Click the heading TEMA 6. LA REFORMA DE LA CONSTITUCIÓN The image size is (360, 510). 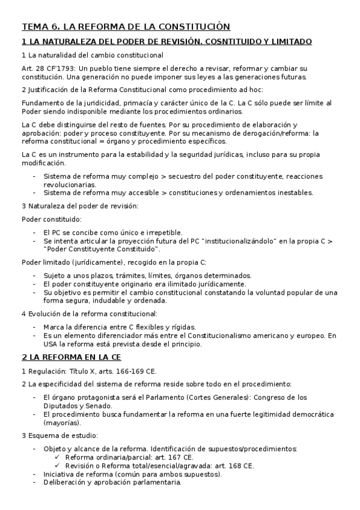pos(126,26)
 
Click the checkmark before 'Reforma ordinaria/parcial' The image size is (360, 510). pos(58,457)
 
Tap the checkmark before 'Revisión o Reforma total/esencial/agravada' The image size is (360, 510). pos(58,465)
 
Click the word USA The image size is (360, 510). pos(51,344)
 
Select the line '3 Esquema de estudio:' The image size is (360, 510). pos(58,435)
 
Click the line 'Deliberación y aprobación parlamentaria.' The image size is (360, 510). pos(112,482)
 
